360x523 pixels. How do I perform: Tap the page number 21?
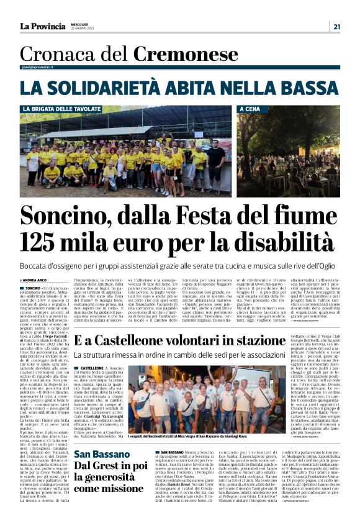[336, 26]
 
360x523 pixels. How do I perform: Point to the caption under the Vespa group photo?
[192, 437]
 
